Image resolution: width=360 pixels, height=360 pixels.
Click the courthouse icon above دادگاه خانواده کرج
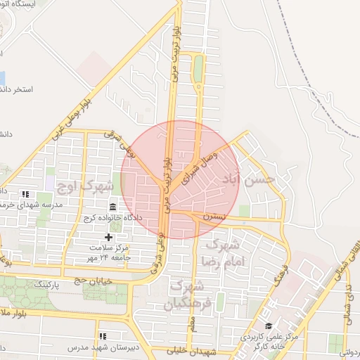point(113,207)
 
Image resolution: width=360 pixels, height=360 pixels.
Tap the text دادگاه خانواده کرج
point(113,218)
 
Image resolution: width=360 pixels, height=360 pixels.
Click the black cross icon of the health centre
point(108,238)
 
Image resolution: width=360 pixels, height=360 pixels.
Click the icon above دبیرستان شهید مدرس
point(103,337)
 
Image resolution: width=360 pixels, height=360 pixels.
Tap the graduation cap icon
point(268,326)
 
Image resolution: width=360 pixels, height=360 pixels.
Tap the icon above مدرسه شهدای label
point(26,194)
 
